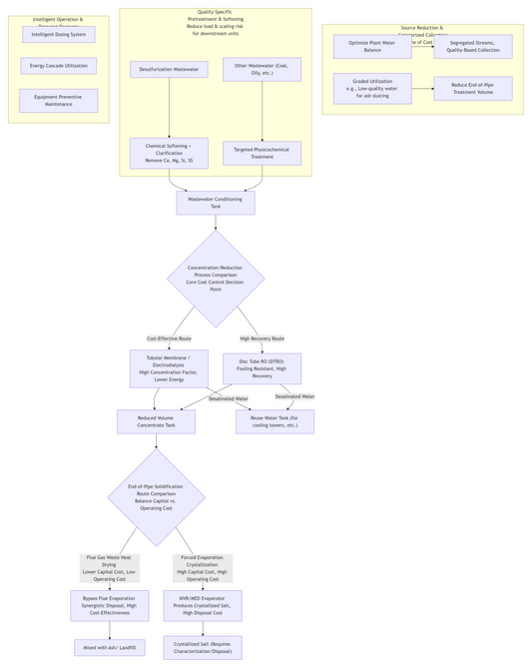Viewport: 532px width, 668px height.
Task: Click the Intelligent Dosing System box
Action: point(59,35)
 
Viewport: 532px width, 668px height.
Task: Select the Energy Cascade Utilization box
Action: point(59,66)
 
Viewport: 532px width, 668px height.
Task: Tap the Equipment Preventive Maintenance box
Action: point(59,101)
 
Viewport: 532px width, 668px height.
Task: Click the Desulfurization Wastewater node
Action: point(169,70)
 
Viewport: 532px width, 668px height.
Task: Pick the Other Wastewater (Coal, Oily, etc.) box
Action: point(262,69)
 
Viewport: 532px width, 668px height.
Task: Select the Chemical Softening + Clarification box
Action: point(169,153)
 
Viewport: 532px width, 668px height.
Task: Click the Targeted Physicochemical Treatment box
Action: point(262,153)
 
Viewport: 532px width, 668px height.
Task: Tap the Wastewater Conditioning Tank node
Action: point(216,203)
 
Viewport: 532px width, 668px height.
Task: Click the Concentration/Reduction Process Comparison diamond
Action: point(216,279)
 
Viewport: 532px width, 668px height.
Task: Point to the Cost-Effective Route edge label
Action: point(169,338)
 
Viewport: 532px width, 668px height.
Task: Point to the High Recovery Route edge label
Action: point(262,338)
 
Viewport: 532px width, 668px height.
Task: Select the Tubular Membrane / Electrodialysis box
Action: point(169,368)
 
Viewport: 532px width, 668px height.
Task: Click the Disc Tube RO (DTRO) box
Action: point(262,368)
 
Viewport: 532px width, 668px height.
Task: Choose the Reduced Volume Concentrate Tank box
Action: point(156,421)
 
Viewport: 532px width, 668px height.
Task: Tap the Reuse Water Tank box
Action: point(274,421)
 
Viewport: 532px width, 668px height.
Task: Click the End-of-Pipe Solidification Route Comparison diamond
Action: point(156,496)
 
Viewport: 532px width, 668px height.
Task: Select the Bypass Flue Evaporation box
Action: point(110,605)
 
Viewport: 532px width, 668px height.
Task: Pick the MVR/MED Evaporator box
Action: point(203,605)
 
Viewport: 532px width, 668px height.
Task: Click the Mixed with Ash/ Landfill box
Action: point(110,648)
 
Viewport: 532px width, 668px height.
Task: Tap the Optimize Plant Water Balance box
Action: point(372,47)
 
